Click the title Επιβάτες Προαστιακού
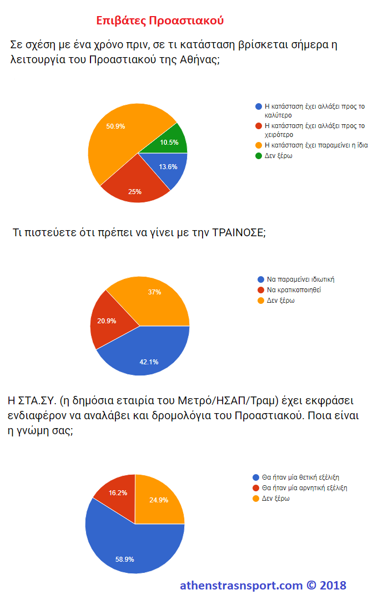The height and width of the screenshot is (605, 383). [x=160, y=21]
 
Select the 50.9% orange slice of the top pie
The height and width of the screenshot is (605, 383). [x=119, y=139]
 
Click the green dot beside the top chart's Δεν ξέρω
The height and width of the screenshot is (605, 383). [x=258, y=156]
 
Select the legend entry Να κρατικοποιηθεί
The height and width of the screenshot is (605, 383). [x=294, y=289]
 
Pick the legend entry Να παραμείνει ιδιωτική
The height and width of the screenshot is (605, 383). [x=300, y=279]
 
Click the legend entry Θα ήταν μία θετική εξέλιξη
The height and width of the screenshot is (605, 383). [x=300, y=477]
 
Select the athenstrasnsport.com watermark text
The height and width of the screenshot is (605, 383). [x=241, y=586]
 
